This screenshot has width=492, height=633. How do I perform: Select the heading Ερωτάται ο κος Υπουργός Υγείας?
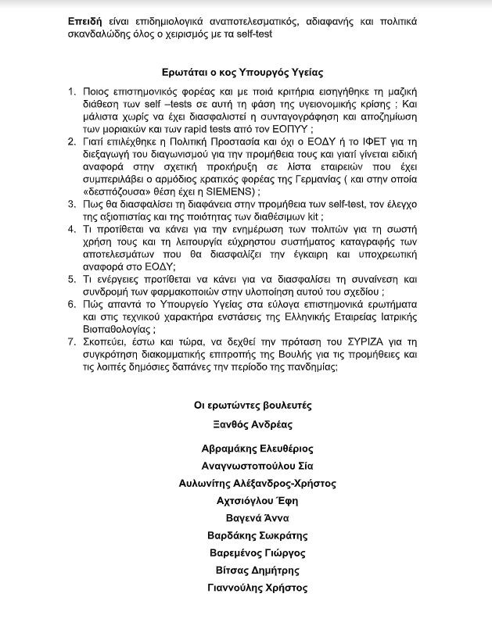[x=246, y=71]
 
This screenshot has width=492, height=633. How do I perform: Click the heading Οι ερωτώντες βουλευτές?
[x=253, y=405]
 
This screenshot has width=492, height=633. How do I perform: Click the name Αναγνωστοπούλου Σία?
[x=253, y=466]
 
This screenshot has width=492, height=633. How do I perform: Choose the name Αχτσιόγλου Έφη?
[x=253, y=500]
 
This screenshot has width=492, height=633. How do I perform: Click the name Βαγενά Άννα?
[x=253, y=518]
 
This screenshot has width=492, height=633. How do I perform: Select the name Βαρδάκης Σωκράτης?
[x=253, y=535]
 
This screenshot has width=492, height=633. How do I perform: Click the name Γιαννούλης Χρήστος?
[x=253, y=588]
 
